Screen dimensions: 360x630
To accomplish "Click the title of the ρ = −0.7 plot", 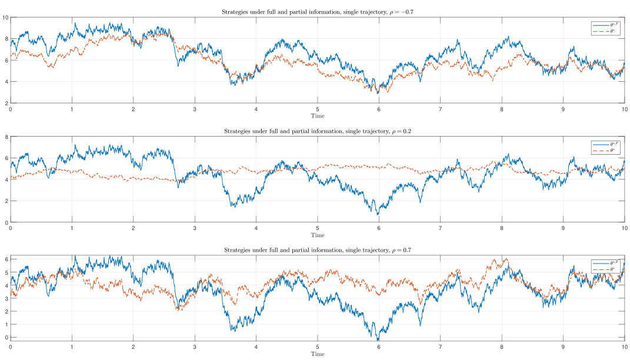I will (x=318, y=12).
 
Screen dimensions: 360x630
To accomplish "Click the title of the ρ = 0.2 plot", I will (x=318, y=131).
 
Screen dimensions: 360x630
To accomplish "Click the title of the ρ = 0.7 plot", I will (x=318, y=250).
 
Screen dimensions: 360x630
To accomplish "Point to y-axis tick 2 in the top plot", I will (x=6, y=103).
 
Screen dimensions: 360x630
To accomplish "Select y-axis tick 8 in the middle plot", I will (x=6, y=137).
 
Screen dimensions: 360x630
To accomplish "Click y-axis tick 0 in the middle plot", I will (x=6, y=222).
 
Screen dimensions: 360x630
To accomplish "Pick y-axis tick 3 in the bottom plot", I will (x=6, y=298).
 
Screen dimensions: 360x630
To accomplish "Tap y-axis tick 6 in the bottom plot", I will (x=6, y=259).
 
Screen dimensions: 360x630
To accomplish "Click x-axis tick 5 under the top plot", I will (x=318, y=109).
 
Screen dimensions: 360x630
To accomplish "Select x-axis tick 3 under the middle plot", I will (x=195, y=228).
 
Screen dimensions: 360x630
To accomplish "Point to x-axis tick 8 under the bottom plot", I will (x=502, y=347).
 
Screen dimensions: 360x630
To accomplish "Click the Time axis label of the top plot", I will (x=318, y=116).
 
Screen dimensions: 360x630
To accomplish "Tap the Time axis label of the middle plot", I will (x=318, y=235).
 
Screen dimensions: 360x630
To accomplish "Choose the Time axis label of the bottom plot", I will (x=318, y=354).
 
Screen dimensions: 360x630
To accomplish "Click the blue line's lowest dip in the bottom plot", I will (x=378, y=339).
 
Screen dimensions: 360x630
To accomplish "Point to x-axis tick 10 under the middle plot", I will (x=624, y=228).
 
